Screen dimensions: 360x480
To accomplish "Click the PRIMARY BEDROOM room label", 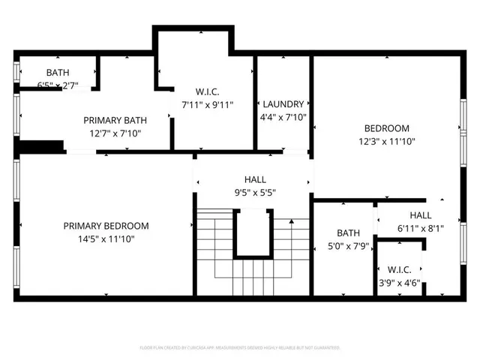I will [x=106, y=226].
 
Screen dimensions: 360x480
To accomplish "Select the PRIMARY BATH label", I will [x=115, y=120].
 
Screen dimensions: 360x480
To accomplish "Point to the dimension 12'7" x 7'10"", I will [x=115, y=133].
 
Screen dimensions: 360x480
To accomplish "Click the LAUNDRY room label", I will [x=283, y=104].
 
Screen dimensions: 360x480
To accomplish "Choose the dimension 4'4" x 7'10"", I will [x=283, y=117].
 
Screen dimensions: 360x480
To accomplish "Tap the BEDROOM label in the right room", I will [x=386, y=128].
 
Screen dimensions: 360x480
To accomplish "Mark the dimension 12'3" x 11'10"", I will [x=386, y=141].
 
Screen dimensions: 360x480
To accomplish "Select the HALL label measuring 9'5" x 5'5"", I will [x=254, y=179].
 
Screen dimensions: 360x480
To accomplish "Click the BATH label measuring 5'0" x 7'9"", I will [x=348, y=232].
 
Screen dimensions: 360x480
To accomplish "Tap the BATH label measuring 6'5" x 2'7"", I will [x=58, y=73].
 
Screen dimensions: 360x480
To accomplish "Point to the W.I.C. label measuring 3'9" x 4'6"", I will [x=399, y=269].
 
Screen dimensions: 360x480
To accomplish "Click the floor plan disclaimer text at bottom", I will [x=240, y=348].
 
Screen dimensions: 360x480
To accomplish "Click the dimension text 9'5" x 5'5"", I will [x=254, y=192].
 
